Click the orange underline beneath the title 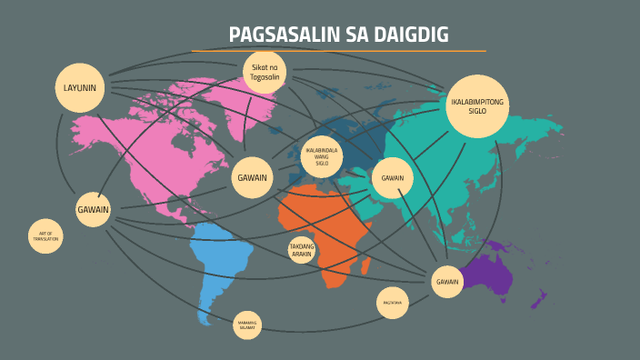[x=338, y=51]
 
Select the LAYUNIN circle [x=80, y=88]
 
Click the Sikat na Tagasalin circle [x=265, y=73]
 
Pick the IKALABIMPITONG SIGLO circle [x=477, y=106]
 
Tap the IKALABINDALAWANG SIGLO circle [x=322, y=156]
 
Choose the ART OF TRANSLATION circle [x=45, y=236]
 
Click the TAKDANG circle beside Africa [x=302, y=250]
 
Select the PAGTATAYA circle [x=393, y=303]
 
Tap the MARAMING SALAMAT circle [x=247, y=325]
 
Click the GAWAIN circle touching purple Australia [x=447, y=282]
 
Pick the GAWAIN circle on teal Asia [x=393, y=178]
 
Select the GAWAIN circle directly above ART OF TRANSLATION [x=93, y=209]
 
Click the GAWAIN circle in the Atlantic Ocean [x=252, y=177]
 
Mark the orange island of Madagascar [x=368, y=265]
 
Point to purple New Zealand [x=538, y=298]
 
